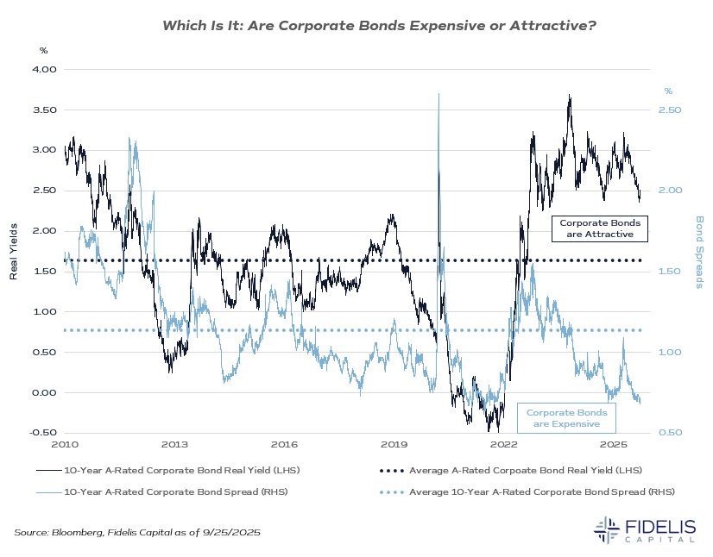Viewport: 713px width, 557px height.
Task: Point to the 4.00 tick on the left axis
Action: point(44,69)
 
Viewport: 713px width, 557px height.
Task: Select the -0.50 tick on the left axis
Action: point(42,433)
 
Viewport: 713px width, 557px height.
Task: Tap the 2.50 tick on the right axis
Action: point(672,110)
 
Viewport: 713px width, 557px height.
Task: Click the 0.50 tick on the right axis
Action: point(672,433)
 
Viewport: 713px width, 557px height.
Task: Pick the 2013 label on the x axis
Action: point(174,445)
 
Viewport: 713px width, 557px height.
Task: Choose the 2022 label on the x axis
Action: point(503,445)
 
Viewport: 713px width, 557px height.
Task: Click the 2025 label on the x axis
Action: point(613,445)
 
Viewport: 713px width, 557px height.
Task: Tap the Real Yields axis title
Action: point(14,251)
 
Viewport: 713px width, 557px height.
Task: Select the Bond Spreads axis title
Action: point(699,252)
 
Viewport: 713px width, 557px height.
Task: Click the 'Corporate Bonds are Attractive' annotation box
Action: point(599,228)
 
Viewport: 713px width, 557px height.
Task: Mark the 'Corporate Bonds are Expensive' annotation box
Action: point(566,418)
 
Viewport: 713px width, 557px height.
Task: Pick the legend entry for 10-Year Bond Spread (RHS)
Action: point(163,491)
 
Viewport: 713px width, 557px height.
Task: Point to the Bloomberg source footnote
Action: point(137,534)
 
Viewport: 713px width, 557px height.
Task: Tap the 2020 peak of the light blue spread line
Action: point(439,94)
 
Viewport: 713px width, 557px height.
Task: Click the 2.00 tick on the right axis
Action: point(672,191)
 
